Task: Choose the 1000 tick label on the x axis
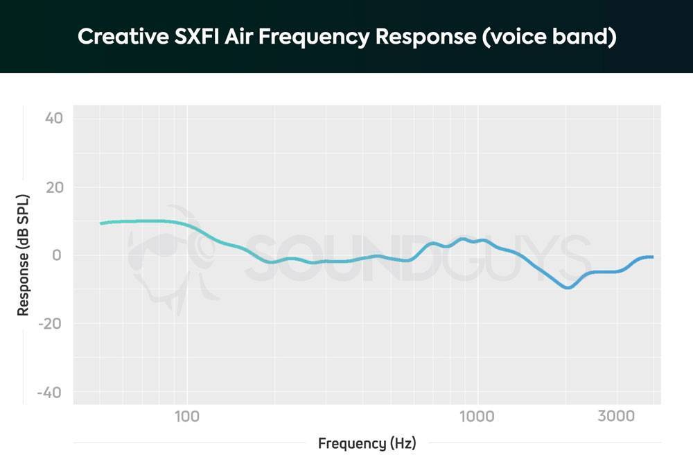click(477, 416)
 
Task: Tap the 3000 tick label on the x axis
click(616, 416)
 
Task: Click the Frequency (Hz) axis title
click(367, 443)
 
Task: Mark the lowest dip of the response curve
click(568, 287)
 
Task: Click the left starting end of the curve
click(101, 223)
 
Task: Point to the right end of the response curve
click(652, 257)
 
